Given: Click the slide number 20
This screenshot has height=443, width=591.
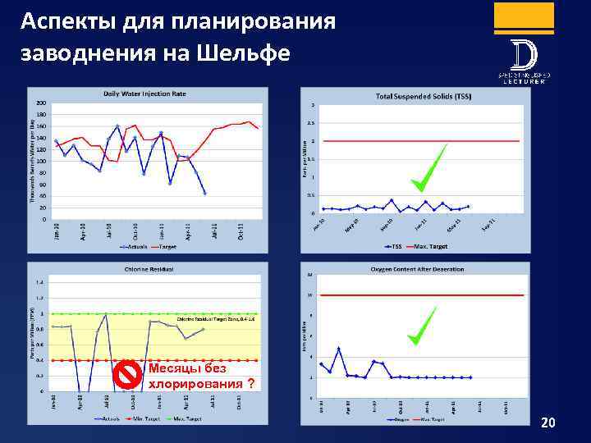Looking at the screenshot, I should [548, 422].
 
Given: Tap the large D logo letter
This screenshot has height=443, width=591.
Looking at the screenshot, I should [524, 56].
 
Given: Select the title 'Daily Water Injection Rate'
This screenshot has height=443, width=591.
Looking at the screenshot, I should [144, 94].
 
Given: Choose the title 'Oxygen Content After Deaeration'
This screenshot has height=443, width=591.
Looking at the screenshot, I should [417, 269].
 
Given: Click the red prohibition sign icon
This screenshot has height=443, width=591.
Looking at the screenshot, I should [127, 375].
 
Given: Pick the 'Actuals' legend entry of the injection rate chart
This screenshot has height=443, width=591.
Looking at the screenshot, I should [133, 245].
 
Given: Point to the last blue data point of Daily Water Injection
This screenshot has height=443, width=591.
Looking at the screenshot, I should [204, 193].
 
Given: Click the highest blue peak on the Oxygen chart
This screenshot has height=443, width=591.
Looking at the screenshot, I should [338, 349].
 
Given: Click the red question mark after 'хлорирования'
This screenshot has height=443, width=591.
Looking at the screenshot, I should [250, 383].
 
